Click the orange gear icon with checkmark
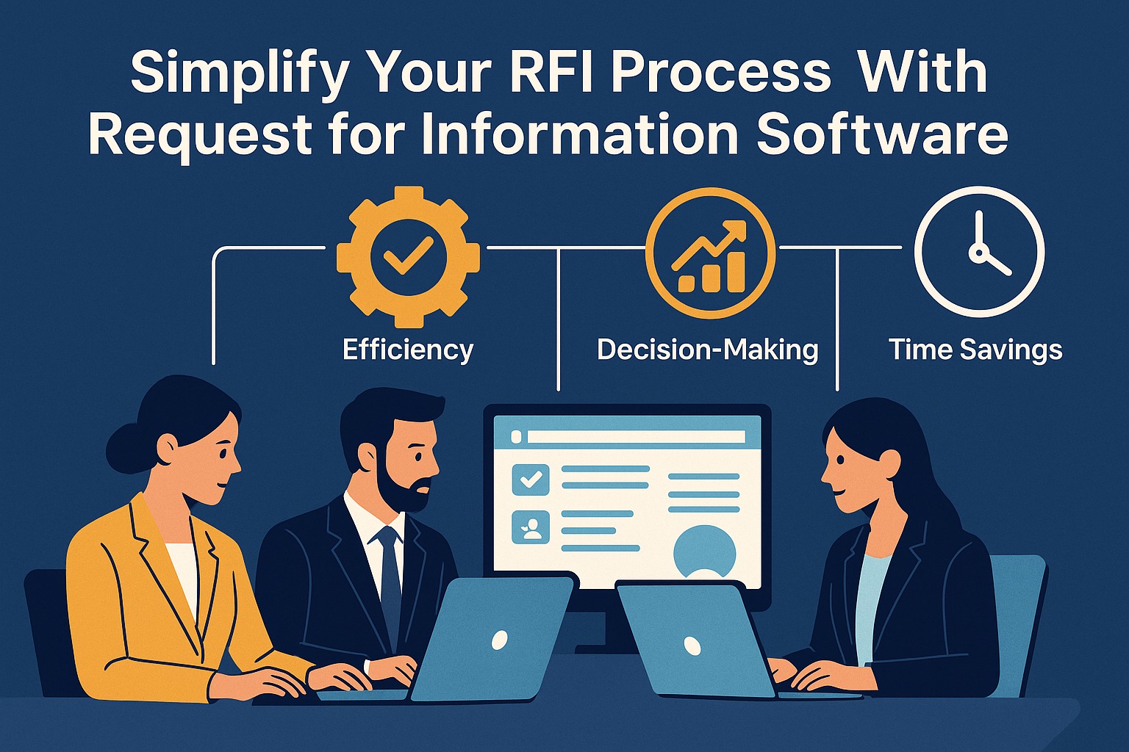[x=407, y=256]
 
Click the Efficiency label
[x=407, y=350]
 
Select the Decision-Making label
[x=707, y=350]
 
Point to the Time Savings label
[x=975, y=350]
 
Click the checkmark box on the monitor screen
[x=530, y=480]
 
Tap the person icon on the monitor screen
[x=530, y=528]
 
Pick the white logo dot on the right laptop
[x=692, y=646]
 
